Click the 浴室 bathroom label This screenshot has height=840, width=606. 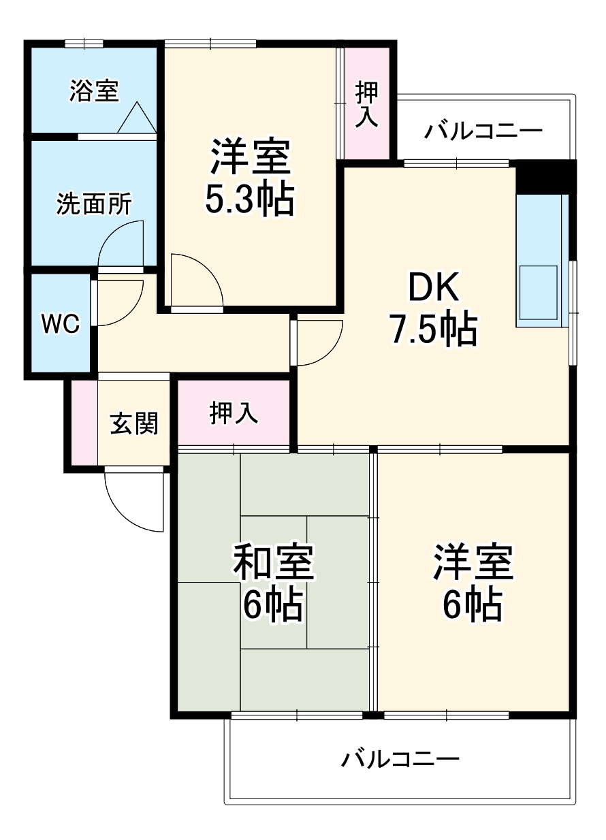point(94,91)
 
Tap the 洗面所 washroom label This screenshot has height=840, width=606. point(94,204)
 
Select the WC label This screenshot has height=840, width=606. point(61,324)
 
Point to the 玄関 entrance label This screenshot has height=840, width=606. point(134,423)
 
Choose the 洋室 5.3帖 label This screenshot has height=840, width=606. point(250,178)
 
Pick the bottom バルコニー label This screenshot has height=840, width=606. point(400,758)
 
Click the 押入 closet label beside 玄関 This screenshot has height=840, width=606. point(234,413)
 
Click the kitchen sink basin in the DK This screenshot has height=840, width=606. point(538,289)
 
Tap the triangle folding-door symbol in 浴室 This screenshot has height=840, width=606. point(137,117)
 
